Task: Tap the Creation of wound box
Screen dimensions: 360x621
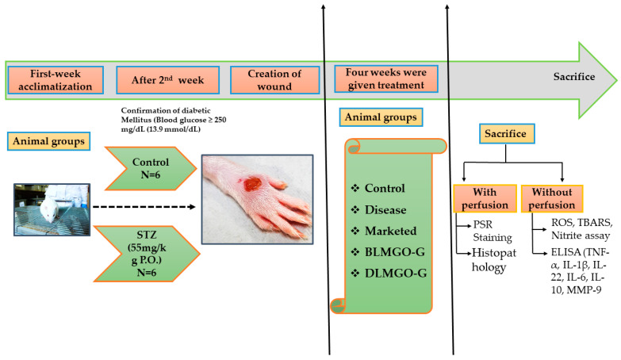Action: pos(274,80)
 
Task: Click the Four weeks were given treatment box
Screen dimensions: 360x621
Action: pos(382,80)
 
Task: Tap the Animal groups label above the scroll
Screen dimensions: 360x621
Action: pos(381,117)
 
